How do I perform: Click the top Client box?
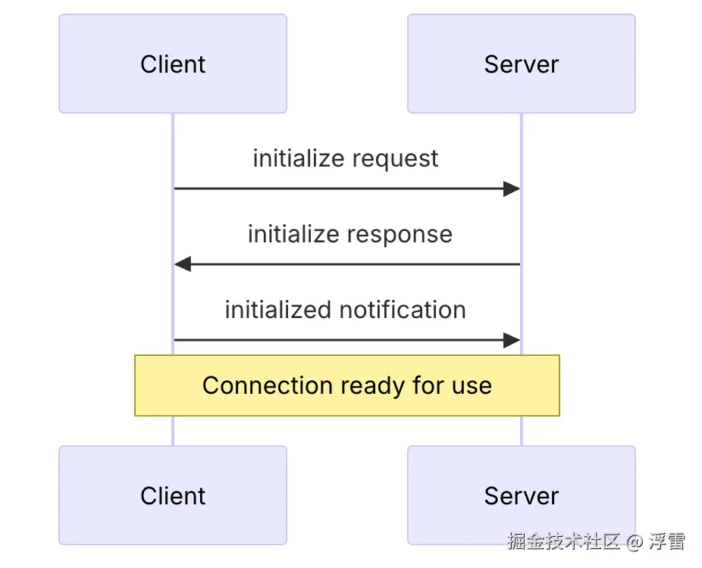pos(173,64)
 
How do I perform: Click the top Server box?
pos(522,64)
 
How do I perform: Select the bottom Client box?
pos(173,495)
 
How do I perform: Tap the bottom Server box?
pos(522,495)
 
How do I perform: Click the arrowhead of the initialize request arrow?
pos(512,189)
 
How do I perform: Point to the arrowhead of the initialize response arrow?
pos(183,264)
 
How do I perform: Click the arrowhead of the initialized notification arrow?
pos(512,340)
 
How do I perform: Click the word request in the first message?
pos(395,159)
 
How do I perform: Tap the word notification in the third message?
pos(403,310)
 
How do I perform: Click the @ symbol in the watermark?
pos(635,542)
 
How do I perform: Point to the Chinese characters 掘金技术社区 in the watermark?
pos(564,541)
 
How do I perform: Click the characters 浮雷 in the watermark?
pos(667,541)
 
